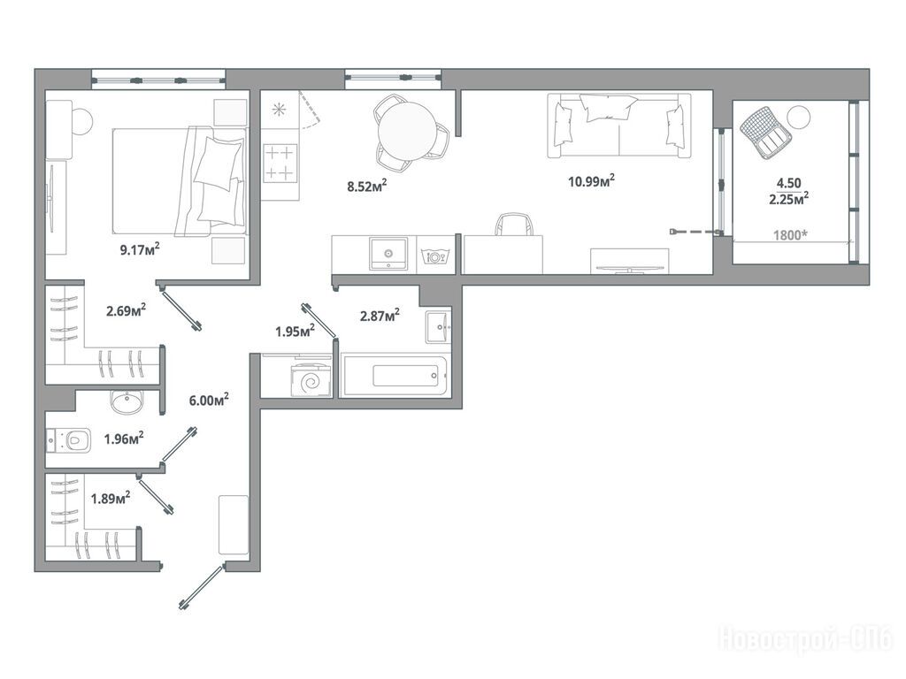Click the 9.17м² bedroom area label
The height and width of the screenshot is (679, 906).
pyautogui.click(x=139, y=249)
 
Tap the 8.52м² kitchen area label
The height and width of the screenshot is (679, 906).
pyautogui.click(x=366, y=186)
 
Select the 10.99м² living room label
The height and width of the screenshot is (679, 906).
pyautogui.click(x=591, y=181)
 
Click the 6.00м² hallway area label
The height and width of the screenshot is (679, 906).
pyautogui.click(x=209, y=400)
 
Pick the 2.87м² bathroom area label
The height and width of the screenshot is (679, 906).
pyautogui.click(x=380, y=316)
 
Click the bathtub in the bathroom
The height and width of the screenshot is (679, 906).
pyautogui.click(x=395, y=375)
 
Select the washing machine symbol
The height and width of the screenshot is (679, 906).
pyautogui.click(x=311, y=380)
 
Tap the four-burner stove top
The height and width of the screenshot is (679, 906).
pyautogui.click(x=280, y=164)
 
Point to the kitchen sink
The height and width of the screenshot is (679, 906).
pyautogui.click(x=388, y=254)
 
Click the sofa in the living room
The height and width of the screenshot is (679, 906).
pyautogui.click(x=618, y=125)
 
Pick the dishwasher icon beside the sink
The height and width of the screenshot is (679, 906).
pyautogui.click(x=435, y=256)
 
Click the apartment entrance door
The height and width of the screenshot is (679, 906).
pyautogui.click(x=201, y=587)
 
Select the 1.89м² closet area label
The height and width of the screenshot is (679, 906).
pyautogui.click(x=111, y=498)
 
